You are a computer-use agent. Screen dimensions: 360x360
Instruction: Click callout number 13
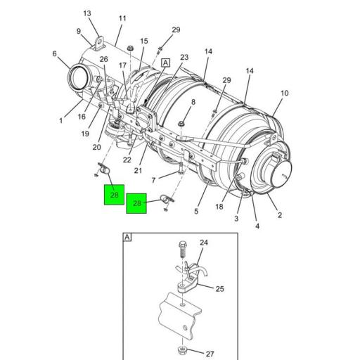[x=87, y=13]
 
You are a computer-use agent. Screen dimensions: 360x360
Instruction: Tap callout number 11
[x=122, y=18]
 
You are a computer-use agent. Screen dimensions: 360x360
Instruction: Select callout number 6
[x=54, y=54]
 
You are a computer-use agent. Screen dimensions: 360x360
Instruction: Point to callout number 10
[x=285, y=94]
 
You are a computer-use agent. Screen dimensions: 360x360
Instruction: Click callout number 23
[x=184, y=58]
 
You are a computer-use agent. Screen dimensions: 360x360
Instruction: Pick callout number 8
[x=193, y=102]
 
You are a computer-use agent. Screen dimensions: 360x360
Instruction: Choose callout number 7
[x=153, y=180]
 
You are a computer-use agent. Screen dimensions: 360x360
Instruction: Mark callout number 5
[x=196, y=211]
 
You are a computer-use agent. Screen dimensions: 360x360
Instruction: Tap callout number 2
[x=280, y=215]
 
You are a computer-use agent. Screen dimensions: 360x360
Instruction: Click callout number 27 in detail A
[x=210, y=354]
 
